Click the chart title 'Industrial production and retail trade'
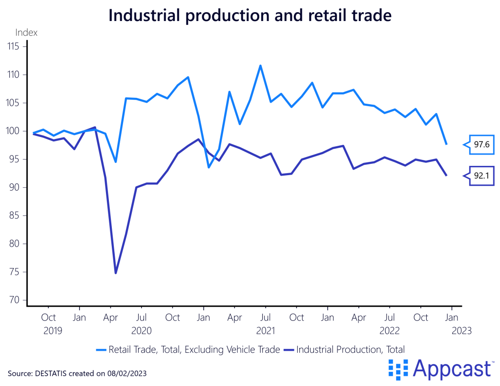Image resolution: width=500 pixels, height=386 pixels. (250, 16)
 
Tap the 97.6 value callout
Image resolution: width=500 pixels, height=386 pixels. (482, 144)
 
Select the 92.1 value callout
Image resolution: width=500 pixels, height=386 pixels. (482, 176)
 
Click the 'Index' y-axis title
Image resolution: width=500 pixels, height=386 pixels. (26, 33)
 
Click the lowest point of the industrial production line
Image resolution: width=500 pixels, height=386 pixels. (116, 273)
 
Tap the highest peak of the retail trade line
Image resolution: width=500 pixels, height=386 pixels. (260, 65)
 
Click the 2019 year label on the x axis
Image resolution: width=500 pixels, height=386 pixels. (53, 330)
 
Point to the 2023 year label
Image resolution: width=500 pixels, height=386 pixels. (462, 330)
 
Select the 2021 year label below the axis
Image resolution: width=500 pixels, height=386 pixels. (266, 330)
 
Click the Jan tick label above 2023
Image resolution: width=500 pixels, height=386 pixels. (452, 317)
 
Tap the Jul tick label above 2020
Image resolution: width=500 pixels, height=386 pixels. (142, 317)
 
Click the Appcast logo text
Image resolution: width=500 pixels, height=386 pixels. (452, 368)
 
